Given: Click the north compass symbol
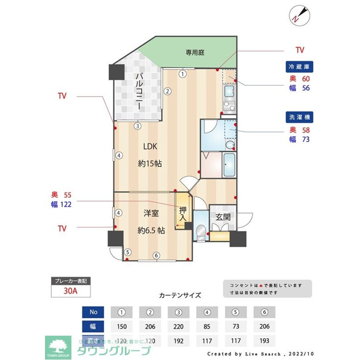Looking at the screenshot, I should pos(299,15).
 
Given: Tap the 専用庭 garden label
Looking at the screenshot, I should pos(195,53).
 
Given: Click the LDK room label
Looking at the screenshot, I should pos(150,147).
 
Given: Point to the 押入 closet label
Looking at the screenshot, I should pos(183,214).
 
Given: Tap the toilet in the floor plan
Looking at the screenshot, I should pos(201,231).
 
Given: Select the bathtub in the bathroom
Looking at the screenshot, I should pos(229,165).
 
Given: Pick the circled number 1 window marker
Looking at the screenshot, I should pos(183,74).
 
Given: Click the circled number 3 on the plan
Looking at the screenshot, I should pos(137,126).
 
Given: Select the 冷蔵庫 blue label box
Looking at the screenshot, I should pos(299,67).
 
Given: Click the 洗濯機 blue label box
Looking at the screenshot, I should pos(299,117).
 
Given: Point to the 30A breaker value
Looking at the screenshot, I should pos(71,291).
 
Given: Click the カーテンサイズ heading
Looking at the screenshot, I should pos(180,295).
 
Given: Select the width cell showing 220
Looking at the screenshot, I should pos(179,327).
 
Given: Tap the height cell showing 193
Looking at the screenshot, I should pos(264,340).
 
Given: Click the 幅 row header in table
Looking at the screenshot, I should pos(93,327).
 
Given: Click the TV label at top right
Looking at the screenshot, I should pos(300,50).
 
